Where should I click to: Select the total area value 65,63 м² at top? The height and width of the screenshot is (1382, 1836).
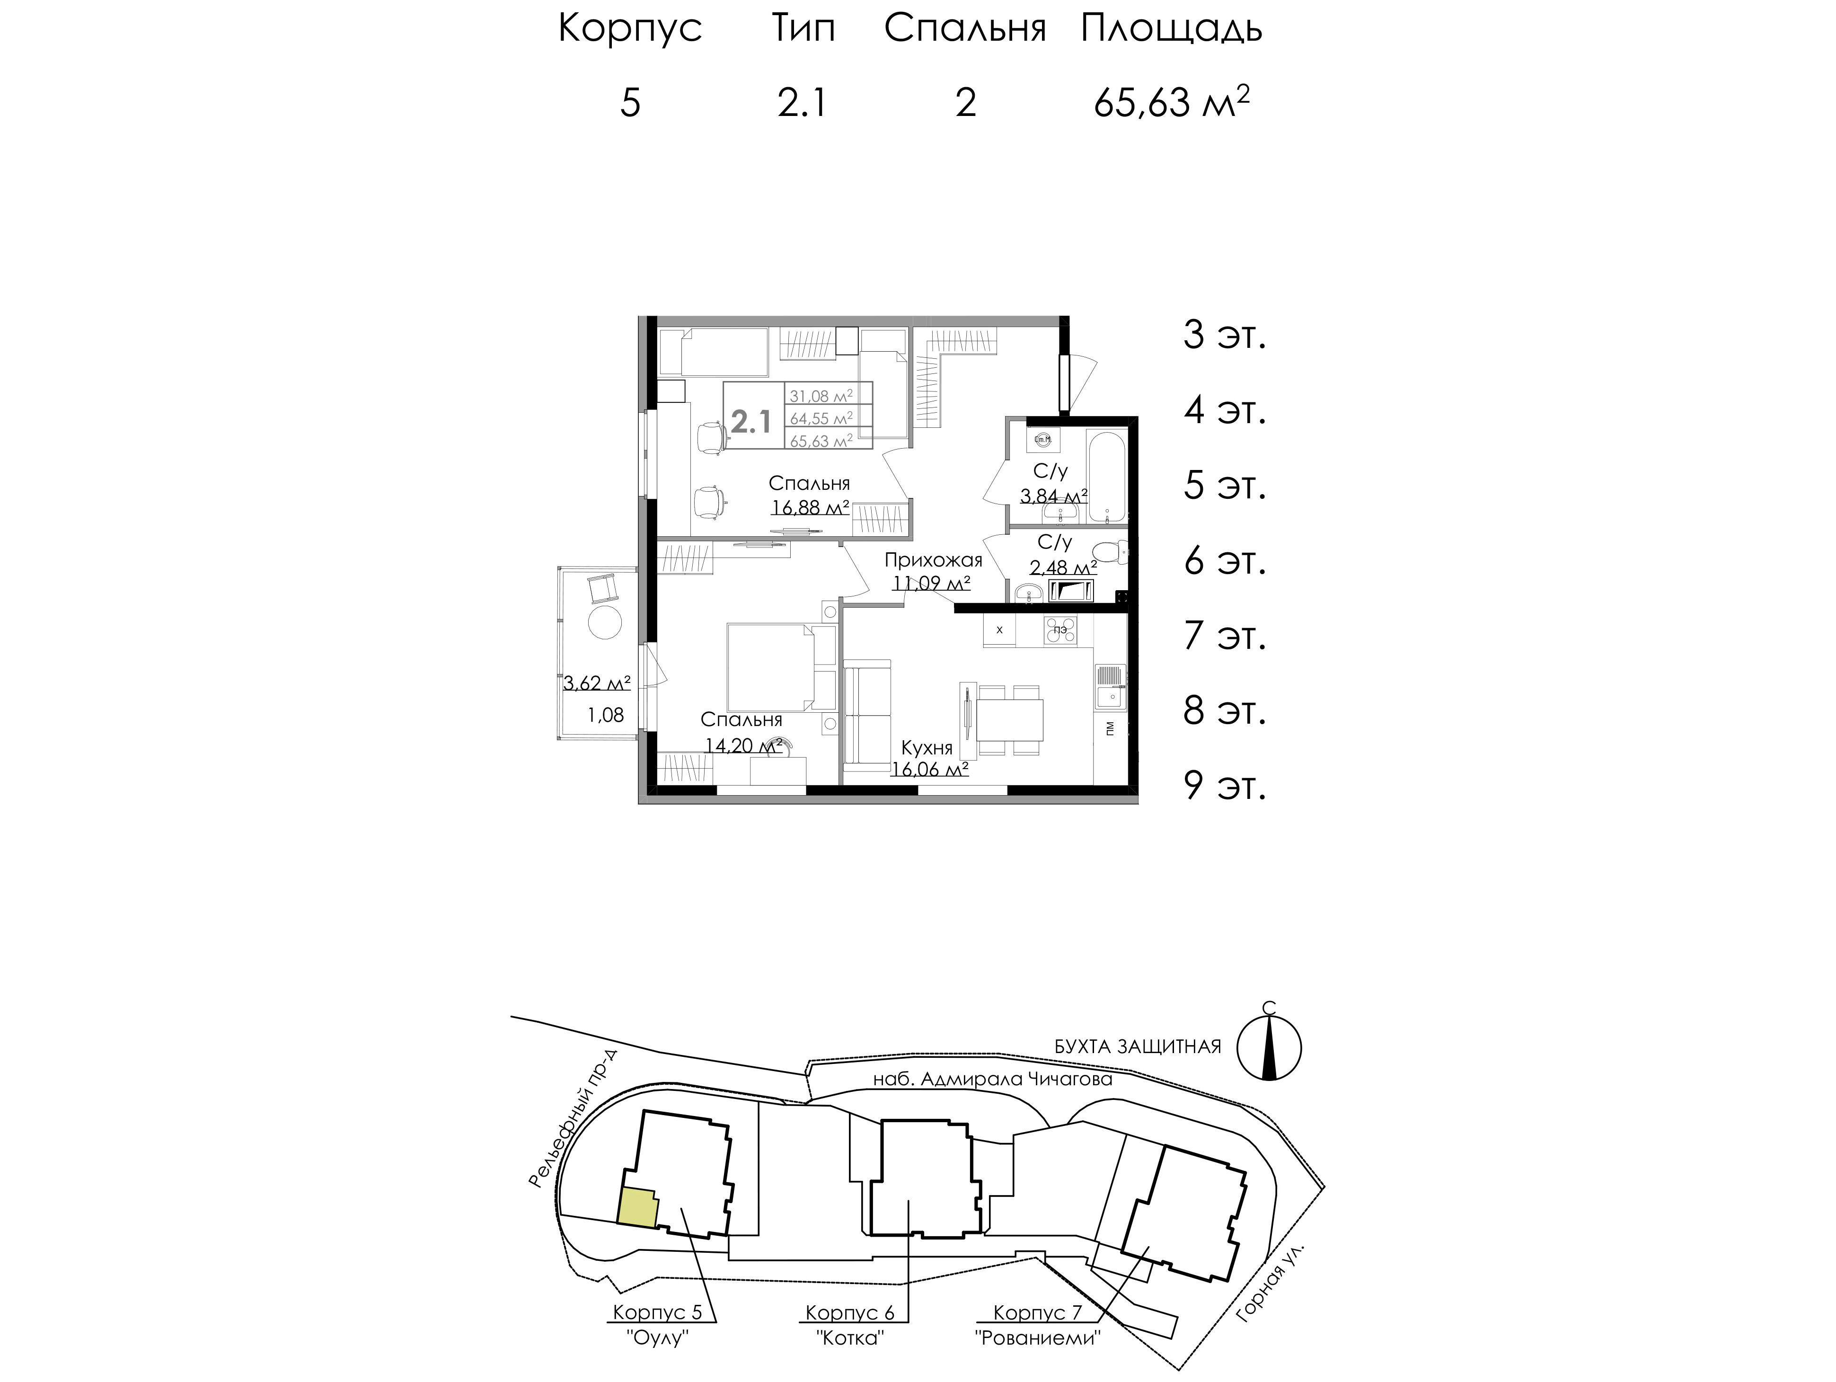click(1171, 104)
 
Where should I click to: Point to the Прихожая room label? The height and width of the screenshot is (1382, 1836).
click(933, 560)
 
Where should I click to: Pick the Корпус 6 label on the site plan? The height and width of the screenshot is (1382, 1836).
click(850, 1312)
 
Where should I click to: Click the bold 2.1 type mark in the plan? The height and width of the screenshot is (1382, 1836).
click(751, 423)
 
